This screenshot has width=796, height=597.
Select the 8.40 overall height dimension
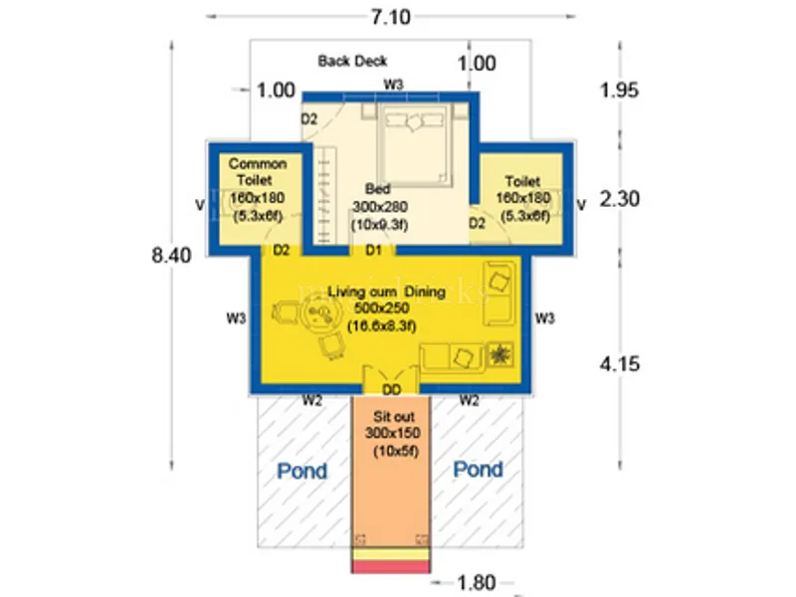point(170,255)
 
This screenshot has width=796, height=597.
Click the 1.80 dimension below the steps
point(477,581)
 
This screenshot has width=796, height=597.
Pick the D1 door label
point(374,249)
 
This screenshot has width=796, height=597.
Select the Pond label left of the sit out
point(301,471)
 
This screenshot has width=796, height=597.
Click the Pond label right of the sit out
point(479,470)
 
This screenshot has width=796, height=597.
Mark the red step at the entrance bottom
point(391,566)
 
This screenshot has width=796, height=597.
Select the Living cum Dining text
point(387,292)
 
